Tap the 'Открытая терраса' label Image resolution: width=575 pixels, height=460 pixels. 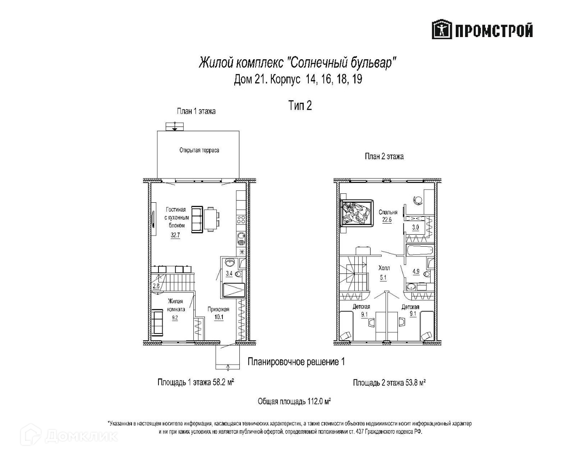point(199,150)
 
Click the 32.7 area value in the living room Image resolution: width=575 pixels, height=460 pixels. point(175,235)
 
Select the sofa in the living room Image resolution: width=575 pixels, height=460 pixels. point(197,219)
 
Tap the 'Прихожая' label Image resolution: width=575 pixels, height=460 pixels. point(218,310)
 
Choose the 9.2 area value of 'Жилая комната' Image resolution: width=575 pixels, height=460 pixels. point(175,317)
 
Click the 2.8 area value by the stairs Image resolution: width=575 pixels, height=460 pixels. point(156,286)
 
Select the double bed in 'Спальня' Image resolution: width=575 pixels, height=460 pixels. point(357,212)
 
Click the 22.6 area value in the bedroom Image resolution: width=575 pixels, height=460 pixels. point(386,220)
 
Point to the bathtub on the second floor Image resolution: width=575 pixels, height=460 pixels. point(420,250)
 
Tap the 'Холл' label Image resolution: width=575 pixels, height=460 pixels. point(384,268)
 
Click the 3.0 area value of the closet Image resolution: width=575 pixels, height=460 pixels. point(415,227)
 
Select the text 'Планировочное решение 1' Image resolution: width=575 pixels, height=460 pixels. point(296,362)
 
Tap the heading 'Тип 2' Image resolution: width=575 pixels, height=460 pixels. point(300,106)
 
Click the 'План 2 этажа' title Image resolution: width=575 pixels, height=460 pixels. point(384,156)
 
